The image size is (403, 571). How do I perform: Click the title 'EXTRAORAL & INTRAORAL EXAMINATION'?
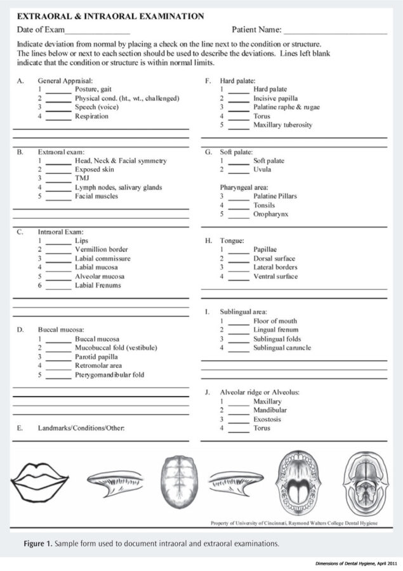[x=110, y=16]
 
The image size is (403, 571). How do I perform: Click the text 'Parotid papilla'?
[x=96, y=357]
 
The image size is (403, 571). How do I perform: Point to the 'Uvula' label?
[x=262, y=170]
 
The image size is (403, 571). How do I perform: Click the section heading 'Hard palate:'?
[x=237, y=81]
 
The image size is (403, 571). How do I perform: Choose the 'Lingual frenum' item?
[x=275, y=330]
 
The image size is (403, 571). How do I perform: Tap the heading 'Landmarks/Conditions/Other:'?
[x=81, y=429]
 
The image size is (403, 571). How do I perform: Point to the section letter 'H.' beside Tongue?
[x=208, y=241]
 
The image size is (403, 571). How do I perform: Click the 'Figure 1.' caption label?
[x=40, y=544]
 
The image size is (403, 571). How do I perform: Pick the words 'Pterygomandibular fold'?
[x=109, y=375]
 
